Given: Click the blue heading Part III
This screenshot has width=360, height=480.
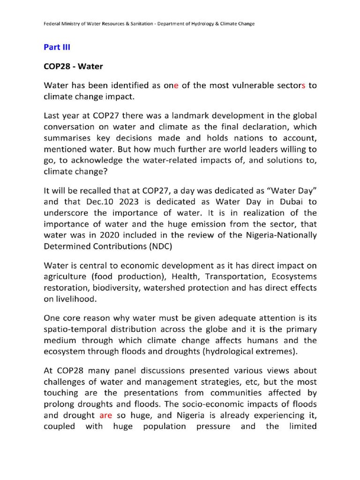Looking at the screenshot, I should tap(57, 47).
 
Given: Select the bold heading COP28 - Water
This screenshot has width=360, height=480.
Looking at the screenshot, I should tap(73, 67).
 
